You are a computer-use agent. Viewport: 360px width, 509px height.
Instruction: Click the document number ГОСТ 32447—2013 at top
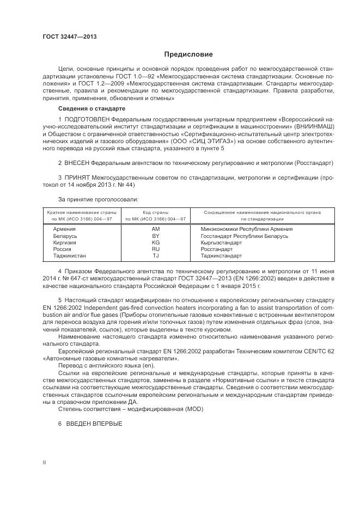tap(70, 36)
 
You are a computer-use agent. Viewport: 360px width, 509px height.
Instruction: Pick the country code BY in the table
tap(156, 236)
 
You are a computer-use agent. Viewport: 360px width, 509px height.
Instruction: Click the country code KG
tap(156, 242)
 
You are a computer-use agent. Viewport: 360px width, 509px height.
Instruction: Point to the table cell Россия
tap(62, 249)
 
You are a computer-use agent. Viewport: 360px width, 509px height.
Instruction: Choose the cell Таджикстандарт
tap(221, 255)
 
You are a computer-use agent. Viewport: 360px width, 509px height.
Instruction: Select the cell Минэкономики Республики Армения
tap(246, 229)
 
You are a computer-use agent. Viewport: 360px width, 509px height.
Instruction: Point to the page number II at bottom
tap(44, 462)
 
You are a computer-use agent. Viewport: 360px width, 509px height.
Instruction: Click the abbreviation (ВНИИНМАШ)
tap(315, 125)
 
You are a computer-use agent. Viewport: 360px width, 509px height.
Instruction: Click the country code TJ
tap(156, 255)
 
